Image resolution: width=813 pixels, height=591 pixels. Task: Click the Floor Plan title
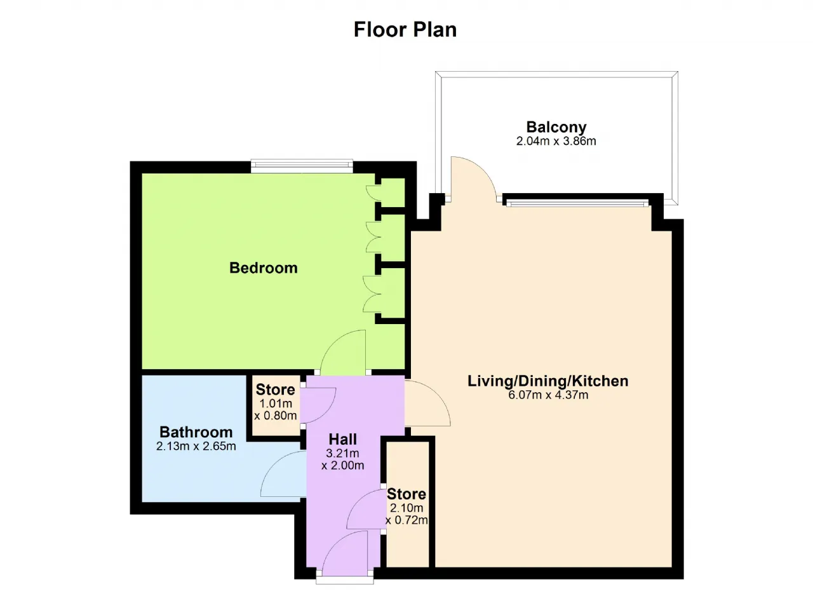click(405, 29)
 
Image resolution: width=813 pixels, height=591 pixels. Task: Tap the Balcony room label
click(556, 126)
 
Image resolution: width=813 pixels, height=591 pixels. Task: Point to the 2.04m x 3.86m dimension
click(556, 141)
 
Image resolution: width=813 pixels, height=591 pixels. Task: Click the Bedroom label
click(264, 268)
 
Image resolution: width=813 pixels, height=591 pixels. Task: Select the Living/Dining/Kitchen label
click(548, 381)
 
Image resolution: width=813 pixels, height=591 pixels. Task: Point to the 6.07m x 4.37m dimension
click(548, 395)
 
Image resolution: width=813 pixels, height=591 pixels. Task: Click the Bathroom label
click(196, 432)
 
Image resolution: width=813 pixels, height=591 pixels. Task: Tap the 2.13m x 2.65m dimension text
click(196, 446)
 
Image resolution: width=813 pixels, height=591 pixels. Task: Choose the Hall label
click(342, 439)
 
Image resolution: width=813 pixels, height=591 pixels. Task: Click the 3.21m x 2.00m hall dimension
click(342, 459)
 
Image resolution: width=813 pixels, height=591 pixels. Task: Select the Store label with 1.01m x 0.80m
click(276, 390)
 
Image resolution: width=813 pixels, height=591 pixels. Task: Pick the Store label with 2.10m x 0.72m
click(406, 494)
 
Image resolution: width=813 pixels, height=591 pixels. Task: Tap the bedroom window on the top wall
click(302, 167)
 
